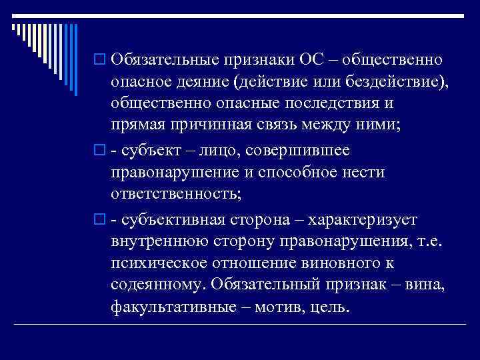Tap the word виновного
click(x=342, y=264)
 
